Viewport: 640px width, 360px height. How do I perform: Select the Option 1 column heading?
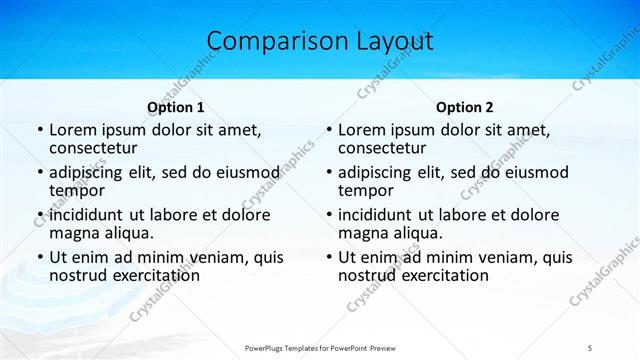176,107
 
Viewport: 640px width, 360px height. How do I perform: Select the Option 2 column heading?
465,107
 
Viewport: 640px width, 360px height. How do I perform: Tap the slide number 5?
589,347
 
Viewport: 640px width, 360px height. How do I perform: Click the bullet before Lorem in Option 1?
39,130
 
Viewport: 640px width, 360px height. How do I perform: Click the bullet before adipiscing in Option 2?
328,173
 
